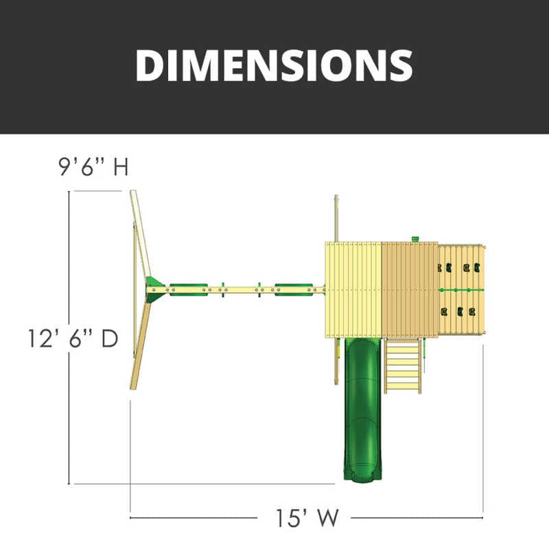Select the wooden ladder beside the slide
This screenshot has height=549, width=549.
tap(403, 366)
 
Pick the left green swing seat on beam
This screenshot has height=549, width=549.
tap(189, 290)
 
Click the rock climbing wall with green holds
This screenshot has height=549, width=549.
tap(460, 290)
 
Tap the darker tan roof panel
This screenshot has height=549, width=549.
tap(409, 290)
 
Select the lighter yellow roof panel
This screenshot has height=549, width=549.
tap(353, 290)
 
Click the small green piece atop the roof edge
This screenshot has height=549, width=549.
tap(414, 239)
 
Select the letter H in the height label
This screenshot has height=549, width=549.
tap(121, 167)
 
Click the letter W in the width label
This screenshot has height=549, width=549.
tap(328, 517)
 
